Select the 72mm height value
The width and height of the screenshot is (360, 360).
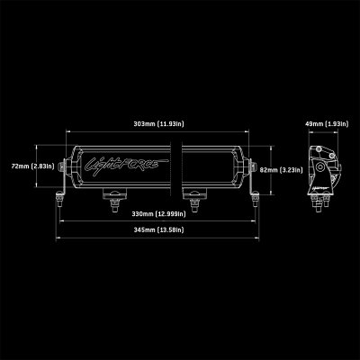pyautogui.click(x=16, y=166)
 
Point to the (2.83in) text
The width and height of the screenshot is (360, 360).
pyautogui.click(x=41, y=166)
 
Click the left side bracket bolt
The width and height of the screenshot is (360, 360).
pyautogui.click(x=61, y=167)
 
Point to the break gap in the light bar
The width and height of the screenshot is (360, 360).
pyautogui.click(x=180, y=166)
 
